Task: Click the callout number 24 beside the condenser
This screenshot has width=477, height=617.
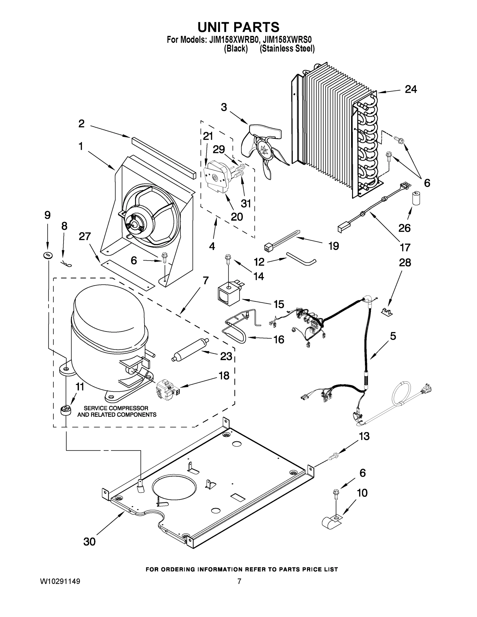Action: (411, 89)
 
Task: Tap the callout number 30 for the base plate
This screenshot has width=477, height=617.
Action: (89, 542)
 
